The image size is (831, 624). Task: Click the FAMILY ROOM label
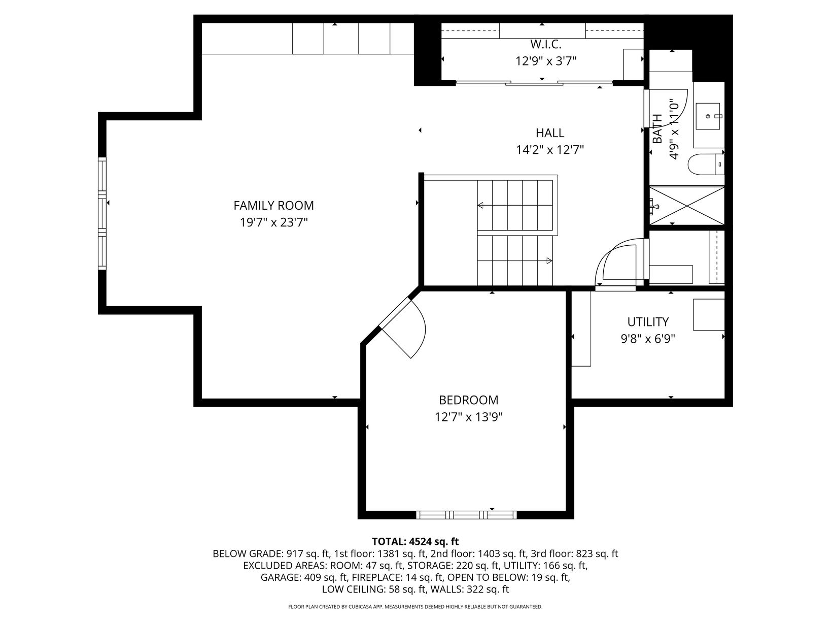(273, 205)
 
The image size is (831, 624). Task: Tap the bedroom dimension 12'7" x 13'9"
(468, 417)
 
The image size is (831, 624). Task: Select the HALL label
(550, 133)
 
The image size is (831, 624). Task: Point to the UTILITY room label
(648, 322)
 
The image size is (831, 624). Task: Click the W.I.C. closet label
(545, 44)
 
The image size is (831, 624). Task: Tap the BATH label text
(657, 129)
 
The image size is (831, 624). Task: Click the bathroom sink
(708, 116)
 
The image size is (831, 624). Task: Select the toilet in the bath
(706, 165)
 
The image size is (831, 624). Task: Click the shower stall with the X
(687, 206)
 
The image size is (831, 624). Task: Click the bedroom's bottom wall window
(466, 515)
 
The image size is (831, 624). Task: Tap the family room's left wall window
(102, 213)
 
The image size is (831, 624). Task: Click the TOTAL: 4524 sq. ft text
(415, 541)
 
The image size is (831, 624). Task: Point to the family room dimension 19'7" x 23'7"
(273, 222)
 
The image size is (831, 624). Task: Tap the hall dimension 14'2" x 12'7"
(550, 150)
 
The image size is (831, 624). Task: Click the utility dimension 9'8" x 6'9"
(648, 339)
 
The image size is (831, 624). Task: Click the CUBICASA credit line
(415, 607)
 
